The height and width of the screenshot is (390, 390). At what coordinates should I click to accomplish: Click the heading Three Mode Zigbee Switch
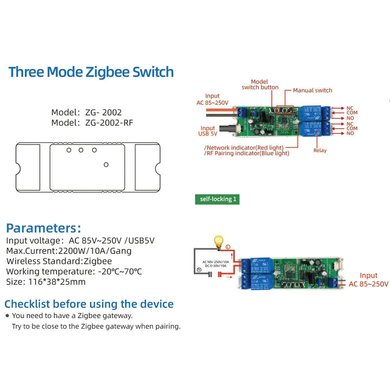click(91, 72)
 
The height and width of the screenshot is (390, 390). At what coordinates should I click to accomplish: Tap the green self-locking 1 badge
click(218, 199)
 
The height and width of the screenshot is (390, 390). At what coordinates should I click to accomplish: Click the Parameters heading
click(44, 228)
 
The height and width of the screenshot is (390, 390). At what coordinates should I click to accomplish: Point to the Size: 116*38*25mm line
click(46, 282)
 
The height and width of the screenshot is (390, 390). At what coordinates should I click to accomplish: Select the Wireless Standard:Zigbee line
click(59, 261)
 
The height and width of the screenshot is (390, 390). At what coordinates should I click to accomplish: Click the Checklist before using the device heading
click(89, 304)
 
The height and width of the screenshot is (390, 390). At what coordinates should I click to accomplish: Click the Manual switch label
click(312, 90)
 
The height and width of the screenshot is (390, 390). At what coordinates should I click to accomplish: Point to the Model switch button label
click(260, 85)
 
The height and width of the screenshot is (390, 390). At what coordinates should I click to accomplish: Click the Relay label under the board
click(320, 150)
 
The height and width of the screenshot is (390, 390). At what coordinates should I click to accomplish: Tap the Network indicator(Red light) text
click(245, 147)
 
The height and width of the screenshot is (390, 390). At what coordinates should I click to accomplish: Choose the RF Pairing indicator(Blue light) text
click(247, 153)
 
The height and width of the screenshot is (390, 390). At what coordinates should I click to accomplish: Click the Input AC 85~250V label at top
click(213, 99)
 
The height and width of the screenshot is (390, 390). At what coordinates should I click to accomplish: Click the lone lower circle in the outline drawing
click(106, 165)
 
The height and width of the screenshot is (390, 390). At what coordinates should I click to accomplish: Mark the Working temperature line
click(74, 271)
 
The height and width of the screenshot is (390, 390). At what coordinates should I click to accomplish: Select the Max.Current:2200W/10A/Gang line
click(69, 251)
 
